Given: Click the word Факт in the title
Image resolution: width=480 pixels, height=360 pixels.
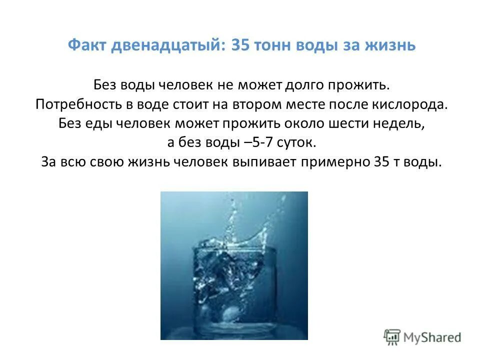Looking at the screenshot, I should pos(88,45).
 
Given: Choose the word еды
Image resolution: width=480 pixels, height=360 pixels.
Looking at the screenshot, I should pos(100,123).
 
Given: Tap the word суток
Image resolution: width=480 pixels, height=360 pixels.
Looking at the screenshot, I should pos(296,143).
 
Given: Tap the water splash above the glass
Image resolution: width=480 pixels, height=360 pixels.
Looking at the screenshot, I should pos(235,220).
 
